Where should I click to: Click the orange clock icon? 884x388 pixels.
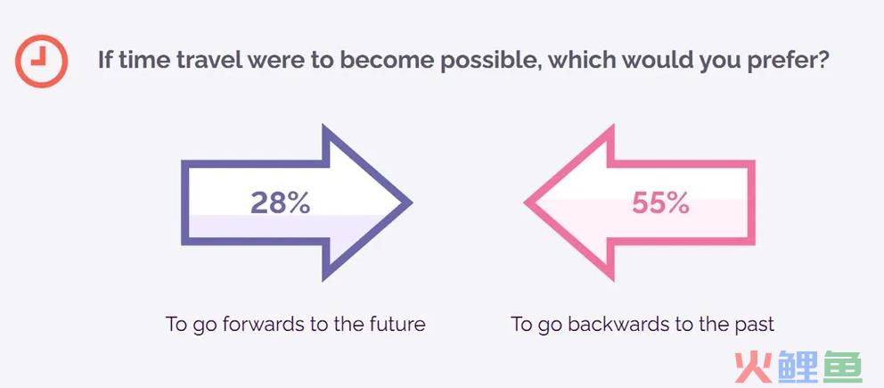pyautogui.click(x=41, y=61)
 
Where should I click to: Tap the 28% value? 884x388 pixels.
pyautogui.click(x=280, y=202)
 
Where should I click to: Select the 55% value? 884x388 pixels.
pyautogui.click(x=660, y=202)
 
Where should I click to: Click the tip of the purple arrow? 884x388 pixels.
pyautogui.click(x=412, y=202)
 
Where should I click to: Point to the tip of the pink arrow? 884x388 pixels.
pyautogui.click(x=526, y=202)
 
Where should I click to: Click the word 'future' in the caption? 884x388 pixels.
pyautogui.click(x=397, y=325)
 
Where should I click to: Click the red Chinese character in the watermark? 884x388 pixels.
pyautogui.click(x=753, y=367)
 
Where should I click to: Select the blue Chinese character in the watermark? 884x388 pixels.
pyautogui.click(x=798, y=367)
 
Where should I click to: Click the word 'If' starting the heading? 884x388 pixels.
pyautogui.click(x=104, y=60)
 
